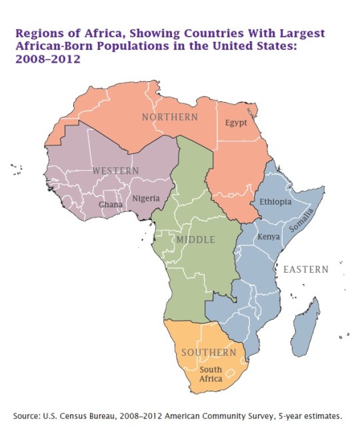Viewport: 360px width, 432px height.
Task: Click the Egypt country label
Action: (237, 123)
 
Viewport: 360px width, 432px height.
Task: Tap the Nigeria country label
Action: (146, 198)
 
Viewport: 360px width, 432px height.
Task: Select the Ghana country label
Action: (111, 205)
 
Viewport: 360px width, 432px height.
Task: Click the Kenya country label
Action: (268, 237)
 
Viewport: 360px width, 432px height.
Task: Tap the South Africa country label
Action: (211, 374)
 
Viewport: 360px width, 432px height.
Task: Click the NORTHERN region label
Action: (170, 117)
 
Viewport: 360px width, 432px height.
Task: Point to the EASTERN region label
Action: (306, 269)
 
